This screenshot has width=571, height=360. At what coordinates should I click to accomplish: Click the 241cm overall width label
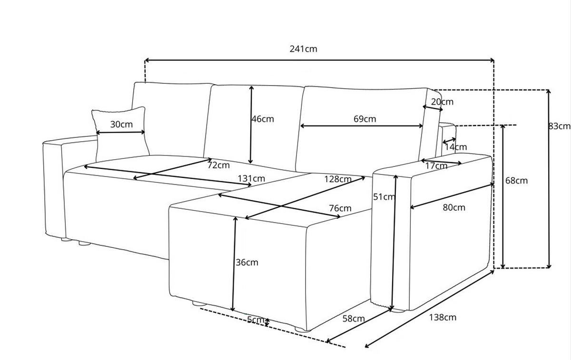[303, 49]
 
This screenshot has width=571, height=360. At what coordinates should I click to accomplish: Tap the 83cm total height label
[560, 126]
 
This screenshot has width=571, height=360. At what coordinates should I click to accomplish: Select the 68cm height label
[516, 181]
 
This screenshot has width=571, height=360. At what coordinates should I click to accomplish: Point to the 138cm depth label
[443, 318]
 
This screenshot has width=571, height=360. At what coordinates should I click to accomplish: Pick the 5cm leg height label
[256, 320]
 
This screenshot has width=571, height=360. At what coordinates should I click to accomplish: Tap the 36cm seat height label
[247, 262]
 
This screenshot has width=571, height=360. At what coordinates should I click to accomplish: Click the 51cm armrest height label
[384, 197]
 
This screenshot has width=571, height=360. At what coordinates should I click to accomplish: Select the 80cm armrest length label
[454, 207]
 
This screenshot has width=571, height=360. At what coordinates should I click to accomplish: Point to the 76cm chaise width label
[340, 208]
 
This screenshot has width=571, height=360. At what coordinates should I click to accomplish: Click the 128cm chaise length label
[338, 179]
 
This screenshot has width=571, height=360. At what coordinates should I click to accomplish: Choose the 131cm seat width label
[252, 179]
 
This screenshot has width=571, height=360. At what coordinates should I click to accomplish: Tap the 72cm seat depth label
[218, 165]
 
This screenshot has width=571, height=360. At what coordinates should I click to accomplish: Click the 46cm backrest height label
[263, 119]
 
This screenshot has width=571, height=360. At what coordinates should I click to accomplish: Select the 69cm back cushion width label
[364, 119]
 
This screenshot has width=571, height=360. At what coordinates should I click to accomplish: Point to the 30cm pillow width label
[121, 125]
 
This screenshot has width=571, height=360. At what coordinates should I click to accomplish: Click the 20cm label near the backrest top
[442, 102]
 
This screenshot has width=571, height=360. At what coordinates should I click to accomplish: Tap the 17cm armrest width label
[436, 166]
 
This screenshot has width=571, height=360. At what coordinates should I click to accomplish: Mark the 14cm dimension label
[456, 147]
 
